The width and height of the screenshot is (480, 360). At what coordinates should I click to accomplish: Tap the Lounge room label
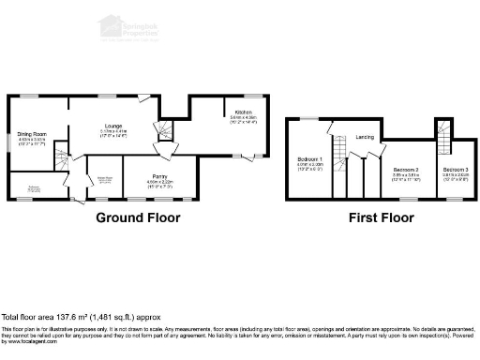pyautogui.click(x=113, y=125)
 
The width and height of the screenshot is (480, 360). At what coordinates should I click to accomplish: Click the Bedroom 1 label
pyautogui.click(x=310, y=158)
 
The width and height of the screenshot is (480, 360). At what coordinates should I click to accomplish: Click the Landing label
pyautogui.click(x=366, y=136)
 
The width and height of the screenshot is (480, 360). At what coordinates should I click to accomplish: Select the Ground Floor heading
pyautogui.click(x=138, y=217)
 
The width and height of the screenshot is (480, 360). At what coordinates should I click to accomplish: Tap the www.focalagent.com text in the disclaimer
pyautogui.click(x=29, y=341)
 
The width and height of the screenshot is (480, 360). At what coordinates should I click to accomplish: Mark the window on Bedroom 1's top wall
pyautogui.click(x=306, y=118)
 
